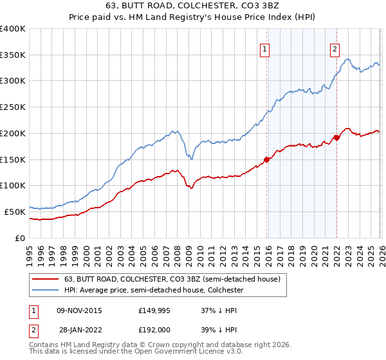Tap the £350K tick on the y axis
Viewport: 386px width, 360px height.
[13, 55]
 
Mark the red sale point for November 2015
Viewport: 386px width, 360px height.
[266, 159]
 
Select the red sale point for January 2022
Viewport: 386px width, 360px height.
[336, 138]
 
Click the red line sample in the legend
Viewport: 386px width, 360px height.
[46, 280]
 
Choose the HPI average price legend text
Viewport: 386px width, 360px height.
[162, 291]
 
